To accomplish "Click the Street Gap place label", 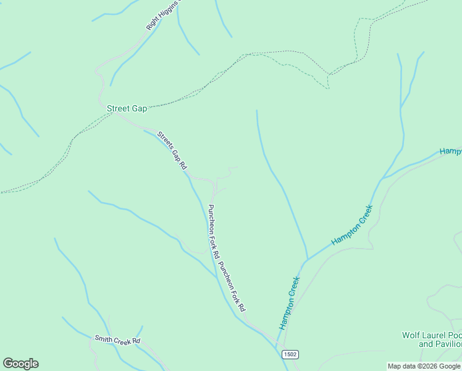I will tap(127, 108).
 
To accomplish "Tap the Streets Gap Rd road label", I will tap(172, 150).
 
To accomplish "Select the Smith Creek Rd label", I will tap(117, 340).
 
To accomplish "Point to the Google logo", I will tap(20, 364).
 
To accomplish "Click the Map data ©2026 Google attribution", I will tap(424, 366).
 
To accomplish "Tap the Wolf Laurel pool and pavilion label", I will tap(432, 339).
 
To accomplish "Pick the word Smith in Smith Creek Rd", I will tap(102, 339).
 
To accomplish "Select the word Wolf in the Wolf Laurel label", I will tap(411, 335).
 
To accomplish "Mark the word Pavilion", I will tap(448, 344).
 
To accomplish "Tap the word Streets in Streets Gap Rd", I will tap(164, 139).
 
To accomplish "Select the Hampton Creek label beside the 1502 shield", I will tap(289, 303).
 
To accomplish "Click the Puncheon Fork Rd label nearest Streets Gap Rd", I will tap(214, 231).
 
